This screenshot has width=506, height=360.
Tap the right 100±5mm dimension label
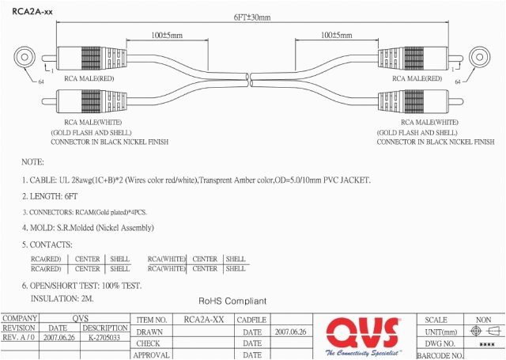[338, 35]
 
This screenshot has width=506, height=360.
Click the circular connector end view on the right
[479, 58]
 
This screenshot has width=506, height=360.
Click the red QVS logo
[364, 332]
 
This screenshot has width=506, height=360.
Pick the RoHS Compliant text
[232, 301]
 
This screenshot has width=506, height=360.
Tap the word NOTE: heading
[32, 161]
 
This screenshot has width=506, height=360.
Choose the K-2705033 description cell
[104, 338]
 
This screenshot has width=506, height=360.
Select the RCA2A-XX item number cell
[203, 320]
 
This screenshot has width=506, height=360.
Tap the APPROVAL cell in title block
[151, 355]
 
